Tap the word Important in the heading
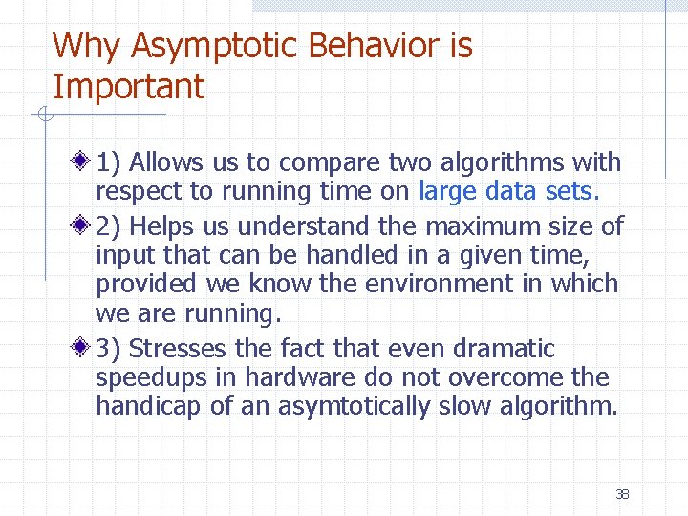click(128, 87)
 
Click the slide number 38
click(622, 494)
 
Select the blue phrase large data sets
click(508, 192)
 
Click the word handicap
click(148, 407)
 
